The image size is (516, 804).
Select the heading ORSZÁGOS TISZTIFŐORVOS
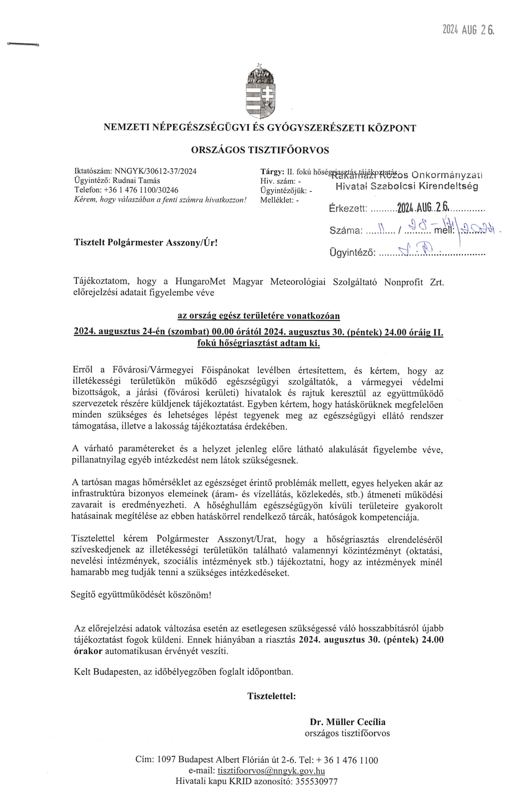point(260,150)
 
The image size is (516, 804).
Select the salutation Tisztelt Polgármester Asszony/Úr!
point(146,242)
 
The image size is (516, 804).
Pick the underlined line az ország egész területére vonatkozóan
point(259,316)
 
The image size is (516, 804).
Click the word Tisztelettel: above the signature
point(271,696)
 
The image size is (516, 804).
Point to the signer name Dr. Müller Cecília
point(348,722)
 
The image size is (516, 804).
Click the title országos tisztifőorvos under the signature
point(347,733)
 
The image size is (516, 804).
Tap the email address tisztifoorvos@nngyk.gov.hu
point(271,771)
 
